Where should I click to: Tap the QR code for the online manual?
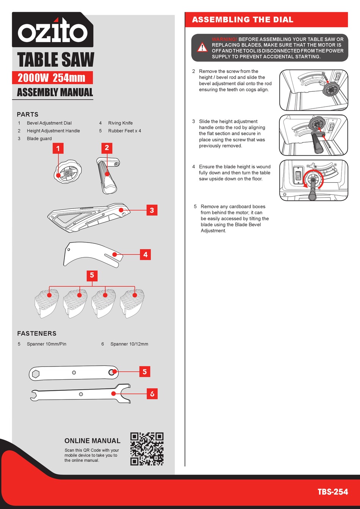tap(147, 449)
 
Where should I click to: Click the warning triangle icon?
tap(202, 48)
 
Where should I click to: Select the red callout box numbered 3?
tap(152, 210)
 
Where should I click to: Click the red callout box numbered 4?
tap(146, 255)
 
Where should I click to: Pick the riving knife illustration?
tap(93, 255)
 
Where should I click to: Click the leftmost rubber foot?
tap(47, 303)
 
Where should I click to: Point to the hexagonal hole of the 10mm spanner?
tap(36, 374)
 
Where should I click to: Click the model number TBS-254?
tap(332, 492)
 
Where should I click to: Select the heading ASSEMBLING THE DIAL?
tap(243, 20)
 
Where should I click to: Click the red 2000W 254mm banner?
tap(52, 78)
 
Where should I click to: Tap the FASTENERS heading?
tap(37, 334)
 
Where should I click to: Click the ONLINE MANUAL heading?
tap(92, 441)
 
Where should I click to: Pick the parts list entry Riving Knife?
tap(120, 123)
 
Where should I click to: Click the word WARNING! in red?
tap(224, 39)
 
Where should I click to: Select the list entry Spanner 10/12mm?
tap(129, 344)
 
